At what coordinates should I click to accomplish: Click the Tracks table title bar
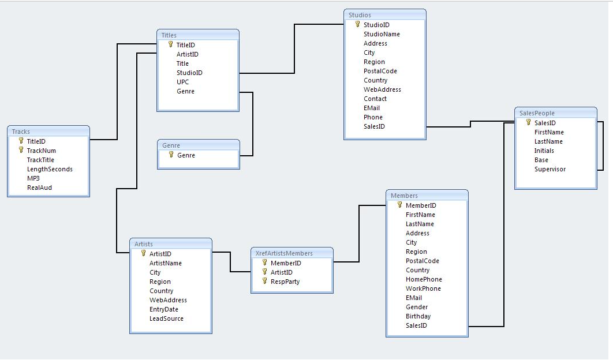pyautogui.click(x=48, y=132)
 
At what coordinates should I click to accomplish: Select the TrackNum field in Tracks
pyautogui.click(x=41, y=151)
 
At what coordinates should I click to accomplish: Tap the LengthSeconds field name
pyautogui.click(x=50, y=169)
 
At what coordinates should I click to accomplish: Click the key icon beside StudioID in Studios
pyautogui.click(x=357, y=24)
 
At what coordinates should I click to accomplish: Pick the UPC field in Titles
pyautogui.click(x=182, y=82)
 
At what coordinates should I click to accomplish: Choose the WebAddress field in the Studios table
pyautogui.click(x=382, y=89)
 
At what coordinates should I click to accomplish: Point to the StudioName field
pyautogui.click(x=382, y=35)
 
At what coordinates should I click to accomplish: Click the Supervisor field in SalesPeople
pyautogui.click(x=550, y=169)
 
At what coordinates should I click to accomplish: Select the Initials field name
pyautogui.click(x=544, y=151)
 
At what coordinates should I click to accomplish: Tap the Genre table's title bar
pyautogui.click(x=198, y=145)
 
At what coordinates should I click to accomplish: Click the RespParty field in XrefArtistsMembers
pyautogui.click(x=285, y=282)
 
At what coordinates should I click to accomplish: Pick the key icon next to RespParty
pyautogui.click(x=265, y=281)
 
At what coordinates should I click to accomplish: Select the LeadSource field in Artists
pyautogui.click(x=166, y=318)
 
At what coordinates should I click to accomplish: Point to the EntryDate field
pyautogui.click(x=164, y=310)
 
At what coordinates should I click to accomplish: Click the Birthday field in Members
pyautogui.click(x=418, y=317)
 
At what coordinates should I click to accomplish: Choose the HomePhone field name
pyautogui.click(x=424, y=279)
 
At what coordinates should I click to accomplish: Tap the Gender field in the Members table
pyautogui.click(x=417, y=307)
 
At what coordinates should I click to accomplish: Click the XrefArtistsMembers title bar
pyautogui.click(x=292, y=253)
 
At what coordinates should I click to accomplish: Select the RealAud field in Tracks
pyautogui.click(x=39, y=187)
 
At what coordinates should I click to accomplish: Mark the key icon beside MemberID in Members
pyautogui.click(x=399, y=205)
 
